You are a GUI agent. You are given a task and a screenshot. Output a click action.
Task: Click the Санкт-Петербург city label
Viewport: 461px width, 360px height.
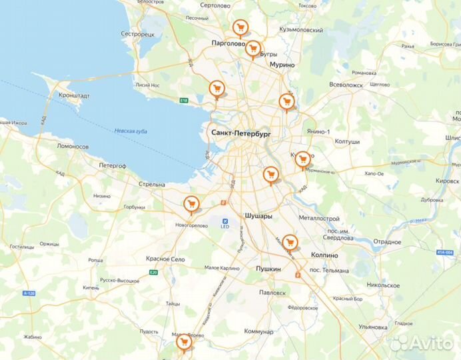point(241,133)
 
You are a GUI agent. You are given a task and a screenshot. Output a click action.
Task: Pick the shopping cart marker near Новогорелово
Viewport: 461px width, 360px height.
point(191,204)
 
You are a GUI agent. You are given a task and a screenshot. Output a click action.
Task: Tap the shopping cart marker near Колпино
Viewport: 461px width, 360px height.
point(289,241)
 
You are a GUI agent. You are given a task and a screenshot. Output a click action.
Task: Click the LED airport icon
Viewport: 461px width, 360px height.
point(225,221)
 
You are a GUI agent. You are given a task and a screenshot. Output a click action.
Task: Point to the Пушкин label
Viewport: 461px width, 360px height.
point(268,269)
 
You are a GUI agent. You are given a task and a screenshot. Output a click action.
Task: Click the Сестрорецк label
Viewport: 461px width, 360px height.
point(138,33)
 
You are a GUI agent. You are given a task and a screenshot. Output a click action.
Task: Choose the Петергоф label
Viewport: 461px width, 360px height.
point(113,165)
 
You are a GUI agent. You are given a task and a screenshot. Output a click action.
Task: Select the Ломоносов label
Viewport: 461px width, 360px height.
point(73,146)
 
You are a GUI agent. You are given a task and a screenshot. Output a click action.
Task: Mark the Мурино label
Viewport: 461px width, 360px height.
point(282,65)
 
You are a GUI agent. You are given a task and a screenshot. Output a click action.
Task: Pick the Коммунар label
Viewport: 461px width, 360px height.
point(258,331)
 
